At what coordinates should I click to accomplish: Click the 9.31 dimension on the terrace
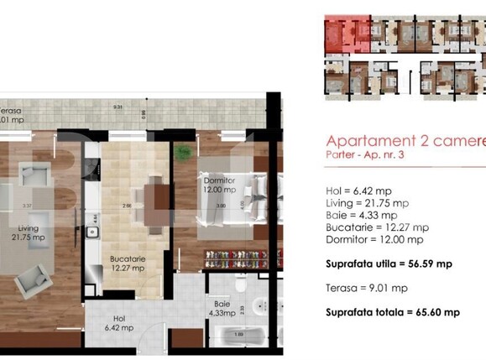click(x=119, y=107)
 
